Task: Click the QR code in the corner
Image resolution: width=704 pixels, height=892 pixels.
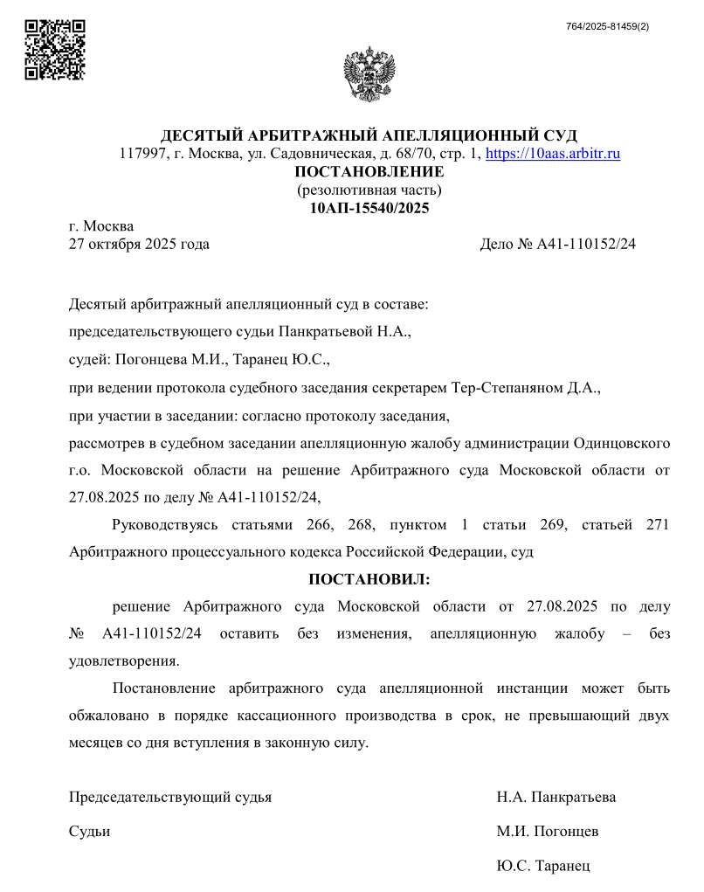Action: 54,50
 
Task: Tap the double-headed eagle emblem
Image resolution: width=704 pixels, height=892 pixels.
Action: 369,74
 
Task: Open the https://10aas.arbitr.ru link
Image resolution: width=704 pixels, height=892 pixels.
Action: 552,155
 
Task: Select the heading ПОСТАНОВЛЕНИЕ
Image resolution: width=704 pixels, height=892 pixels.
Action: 369,172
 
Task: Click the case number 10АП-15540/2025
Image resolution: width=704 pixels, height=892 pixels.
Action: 369,208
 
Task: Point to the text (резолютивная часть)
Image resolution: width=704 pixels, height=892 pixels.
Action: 369,190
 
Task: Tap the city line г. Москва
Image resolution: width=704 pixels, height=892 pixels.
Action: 101,227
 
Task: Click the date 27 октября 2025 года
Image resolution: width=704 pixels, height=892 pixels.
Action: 139,245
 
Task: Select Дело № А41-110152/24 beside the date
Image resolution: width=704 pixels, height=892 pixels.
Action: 557,245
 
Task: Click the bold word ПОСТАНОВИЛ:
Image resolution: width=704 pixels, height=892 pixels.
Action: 369,578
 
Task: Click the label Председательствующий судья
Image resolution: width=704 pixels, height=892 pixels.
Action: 170,797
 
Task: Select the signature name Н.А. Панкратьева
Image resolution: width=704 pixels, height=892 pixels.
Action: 556,797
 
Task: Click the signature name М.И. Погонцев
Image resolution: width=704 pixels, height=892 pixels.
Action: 548,831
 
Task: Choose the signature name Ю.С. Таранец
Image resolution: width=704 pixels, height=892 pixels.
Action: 543,866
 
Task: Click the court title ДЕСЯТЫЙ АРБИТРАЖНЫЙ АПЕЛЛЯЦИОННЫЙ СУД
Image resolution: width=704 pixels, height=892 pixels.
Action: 369,136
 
